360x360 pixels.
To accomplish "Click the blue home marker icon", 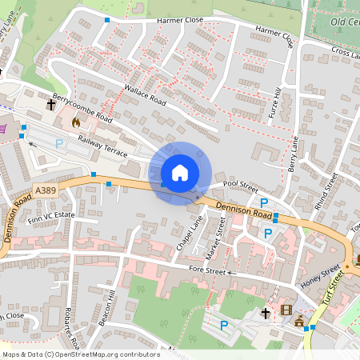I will [180, 172].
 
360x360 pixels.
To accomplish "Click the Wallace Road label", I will [145, 94].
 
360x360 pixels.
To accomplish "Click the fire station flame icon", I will [75, 122].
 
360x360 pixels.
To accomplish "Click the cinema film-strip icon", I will [286, 310].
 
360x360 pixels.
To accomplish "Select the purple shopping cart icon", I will [2, 127].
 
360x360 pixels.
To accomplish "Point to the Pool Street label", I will [241, 183].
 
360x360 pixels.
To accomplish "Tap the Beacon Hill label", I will [105, 306].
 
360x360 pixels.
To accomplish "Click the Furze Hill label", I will [276, 105].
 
